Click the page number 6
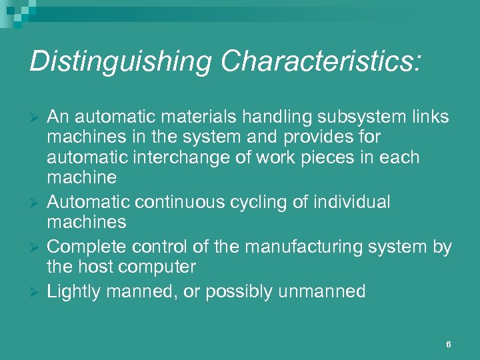click(449, 345)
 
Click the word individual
click(353, 202)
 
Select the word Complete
click(82, 247)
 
